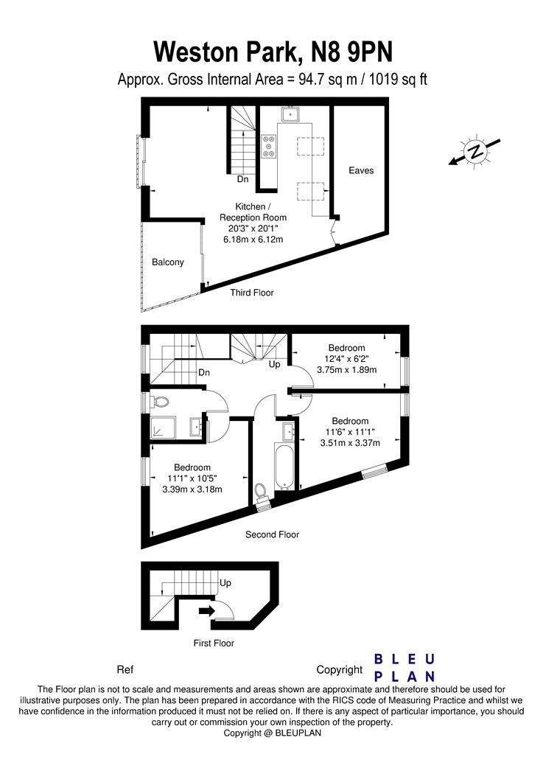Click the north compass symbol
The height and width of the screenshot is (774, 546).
pyautogui.click(x=475, y=151)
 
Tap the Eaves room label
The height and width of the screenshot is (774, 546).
pyautogui.click(x=361, y=170)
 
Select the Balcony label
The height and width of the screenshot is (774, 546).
pyautogui.click(x=168, y=262)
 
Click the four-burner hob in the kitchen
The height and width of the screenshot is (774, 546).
pyautogui.click(x=269, y=146)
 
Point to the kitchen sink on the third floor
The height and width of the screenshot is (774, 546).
pyautogui.click(x=290, y=115)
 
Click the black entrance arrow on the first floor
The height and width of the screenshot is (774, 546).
pyautogui.click(x=206, y=611)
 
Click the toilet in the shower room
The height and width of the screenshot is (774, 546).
pyautogui.click(x=159, y=402)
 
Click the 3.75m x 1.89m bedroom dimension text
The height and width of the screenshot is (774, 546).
pyautogui.click(x=347, y=370)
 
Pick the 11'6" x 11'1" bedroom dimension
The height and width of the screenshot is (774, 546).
pyautogui.click(x=350, y=432)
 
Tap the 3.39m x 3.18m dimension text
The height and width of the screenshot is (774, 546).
pyautogui.click(x=192, y=489)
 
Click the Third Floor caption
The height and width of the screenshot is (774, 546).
pyautogui.click(x=251, y=292)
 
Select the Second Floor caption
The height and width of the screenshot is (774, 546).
pyautogui.click(x=272, y=534)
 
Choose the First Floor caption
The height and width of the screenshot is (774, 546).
pyautogui.click(x=214, y=644)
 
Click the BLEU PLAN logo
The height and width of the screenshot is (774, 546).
pyautogui.click(x=405, y=667)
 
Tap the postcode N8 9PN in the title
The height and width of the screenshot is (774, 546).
pyautogui.click(x=351, y=52)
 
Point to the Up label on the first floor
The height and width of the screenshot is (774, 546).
pyautogui.click(x=225, y=583)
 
